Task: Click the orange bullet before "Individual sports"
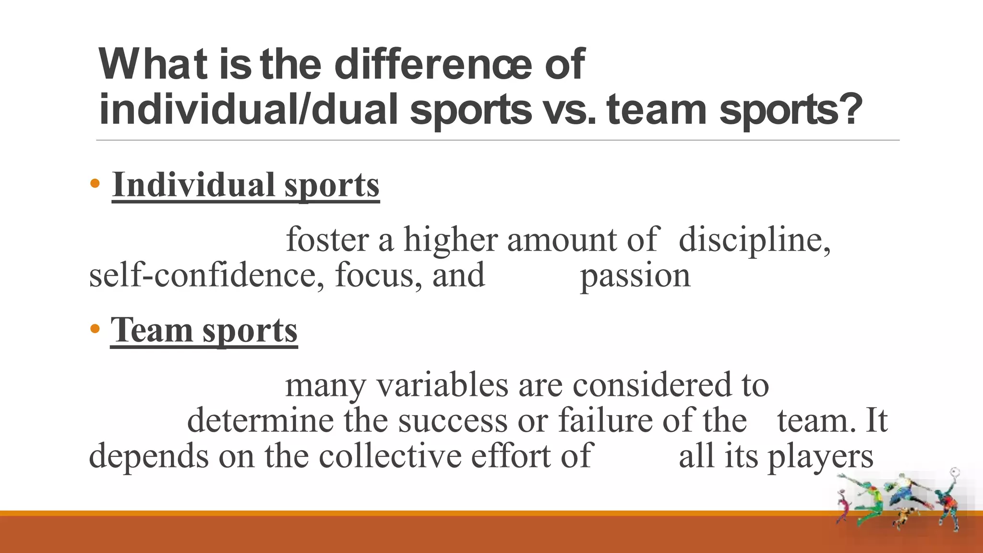coord(95,183)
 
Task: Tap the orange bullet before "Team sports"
coord(95,329)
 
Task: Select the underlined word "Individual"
coord(194,185)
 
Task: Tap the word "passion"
coord(635,276)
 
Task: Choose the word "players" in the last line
coord(820,457)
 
